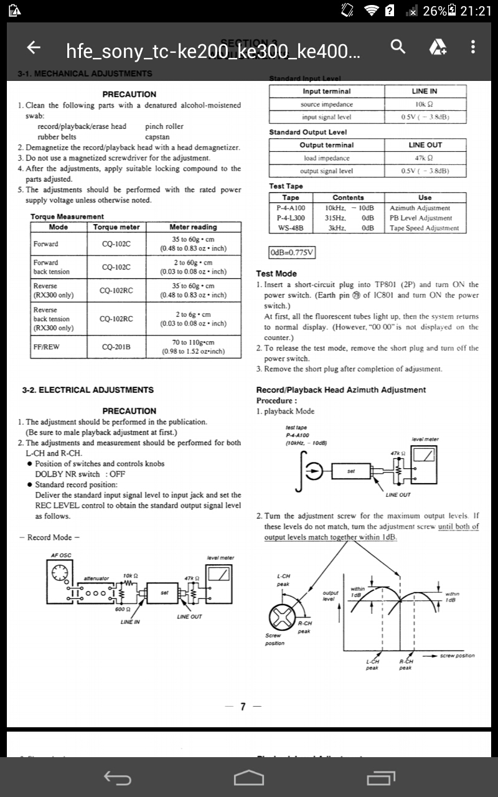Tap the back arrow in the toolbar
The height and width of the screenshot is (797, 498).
34,47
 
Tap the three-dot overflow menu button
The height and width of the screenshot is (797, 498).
473,47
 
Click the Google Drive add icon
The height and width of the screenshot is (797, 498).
438,47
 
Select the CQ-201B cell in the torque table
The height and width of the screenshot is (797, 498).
116,347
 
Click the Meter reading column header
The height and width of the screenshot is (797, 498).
193,227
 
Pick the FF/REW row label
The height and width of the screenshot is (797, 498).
47,347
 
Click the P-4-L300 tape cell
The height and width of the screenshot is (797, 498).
291,218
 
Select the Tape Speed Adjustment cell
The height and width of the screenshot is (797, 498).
425,228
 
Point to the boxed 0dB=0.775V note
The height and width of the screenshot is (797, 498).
292,252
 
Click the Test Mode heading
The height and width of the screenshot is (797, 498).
276,273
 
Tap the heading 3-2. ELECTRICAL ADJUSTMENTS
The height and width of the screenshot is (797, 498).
87,390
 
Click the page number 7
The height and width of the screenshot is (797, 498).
243,706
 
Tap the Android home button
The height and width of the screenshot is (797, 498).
248,778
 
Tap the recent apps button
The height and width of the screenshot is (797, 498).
381,778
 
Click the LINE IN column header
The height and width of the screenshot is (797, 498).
425,92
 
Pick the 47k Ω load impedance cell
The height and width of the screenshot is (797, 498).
425,158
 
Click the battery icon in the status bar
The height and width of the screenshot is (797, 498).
452,11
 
